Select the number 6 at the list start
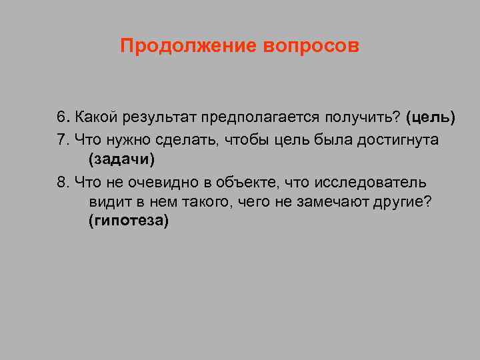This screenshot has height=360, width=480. pyautogui.click(x=61, y=118)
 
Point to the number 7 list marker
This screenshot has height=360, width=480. pyautogui.click(x=61, y=139)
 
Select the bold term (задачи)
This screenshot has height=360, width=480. pyautogui.click(x=121, y=160)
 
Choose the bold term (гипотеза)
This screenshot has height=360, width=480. pyautogui.click(x=128, y=223)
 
